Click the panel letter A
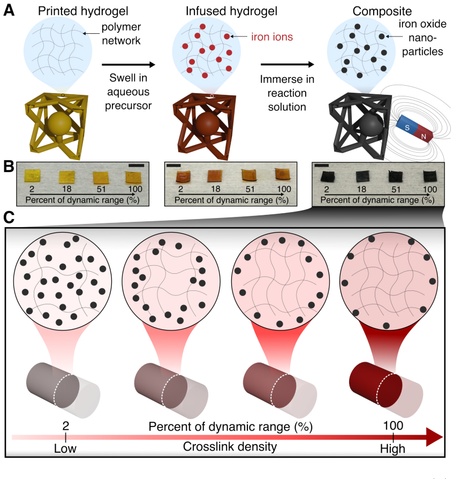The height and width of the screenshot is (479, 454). coord(9,11)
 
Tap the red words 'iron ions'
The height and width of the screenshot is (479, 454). coord(272,37)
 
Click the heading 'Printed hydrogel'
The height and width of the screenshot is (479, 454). coord(83,11)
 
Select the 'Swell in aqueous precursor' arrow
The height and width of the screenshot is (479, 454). coord(128,64)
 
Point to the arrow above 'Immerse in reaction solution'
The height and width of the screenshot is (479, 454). coord(287,64)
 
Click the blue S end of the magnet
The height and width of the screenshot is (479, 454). coord(406,126)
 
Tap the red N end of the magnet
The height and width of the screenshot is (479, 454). coord(424,134)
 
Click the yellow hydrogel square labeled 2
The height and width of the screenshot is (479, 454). coord(32,176)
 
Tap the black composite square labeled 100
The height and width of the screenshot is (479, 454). coord(430,177)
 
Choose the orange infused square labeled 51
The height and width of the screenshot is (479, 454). coord(249,175)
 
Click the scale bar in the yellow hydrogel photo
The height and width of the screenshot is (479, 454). coord(136,166)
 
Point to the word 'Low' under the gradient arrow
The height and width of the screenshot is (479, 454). coord(65,448)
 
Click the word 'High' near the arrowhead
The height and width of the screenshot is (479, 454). coord(392,449)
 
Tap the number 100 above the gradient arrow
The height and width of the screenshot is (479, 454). coord(394,425)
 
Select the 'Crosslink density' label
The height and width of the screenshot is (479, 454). coord(230,447)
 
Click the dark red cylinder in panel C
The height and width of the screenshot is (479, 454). coord(376,385)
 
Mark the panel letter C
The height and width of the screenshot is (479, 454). coord(9,218)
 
